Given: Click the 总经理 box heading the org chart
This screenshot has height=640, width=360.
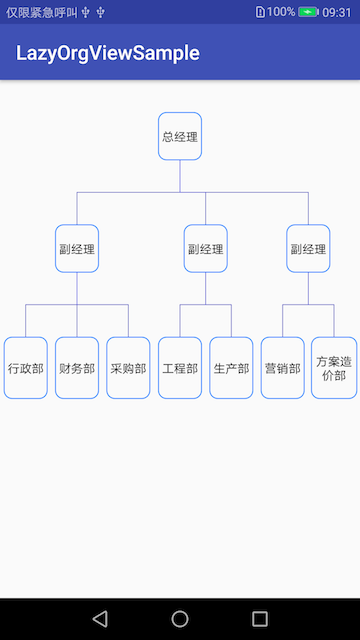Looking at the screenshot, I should pyautogui.click(x=180, y=136).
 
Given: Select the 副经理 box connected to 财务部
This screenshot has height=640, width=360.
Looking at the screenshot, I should pyautogui.click(x=77, y=249).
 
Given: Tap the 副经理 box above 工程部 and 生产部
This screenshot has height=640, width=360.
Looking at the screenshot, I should pyautogui.click(x=206, y=249).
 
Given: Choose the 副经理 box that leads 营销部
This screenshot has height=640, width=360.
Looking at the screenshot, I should pyautogui.click(x=308, y=249).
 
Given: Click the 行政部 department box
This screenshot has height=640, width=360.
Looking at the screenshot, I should pyautogui.click(x=26, y=368).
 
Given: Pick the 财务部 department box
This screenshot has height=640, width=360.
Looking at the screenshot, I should pyautogui.click(x=77, y=368).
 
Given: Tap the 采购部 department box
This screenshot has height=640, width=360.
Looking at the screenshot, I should pyautogui.click(x=128, y=368).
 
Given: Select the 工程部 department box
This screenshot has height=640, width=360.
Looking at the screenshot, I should pyautogui.click(x=180, y=368).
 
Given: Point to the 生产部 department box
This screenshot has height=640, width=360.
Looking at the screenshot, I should pyautogui.click(x=231, y=368).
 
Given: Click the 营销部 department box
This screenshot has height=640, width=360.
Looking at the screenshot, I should pyautogui.click(x=283, y=368).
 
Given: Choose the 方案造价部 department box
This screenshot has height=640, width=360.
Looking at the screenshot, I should pyautogui.click(x=334, y=368).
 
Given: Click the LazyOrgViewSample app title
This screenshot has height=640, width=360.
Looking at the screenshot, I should pyautogui.click(x=108, y=53).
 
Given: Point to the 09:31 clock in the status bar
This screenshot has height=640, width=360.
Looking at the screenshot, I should pyautogui.click(x=337, y=12).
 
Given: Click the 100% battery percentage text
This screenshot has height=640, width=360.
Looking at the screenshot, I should pyautogui.click(x=281, y=12).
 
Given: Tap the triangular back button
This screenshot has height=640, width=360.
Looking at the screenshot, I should pyautogui.click(x=99, y=618).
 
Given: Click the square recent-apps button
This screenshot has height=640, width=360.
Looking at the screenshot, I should pyautogui.click(x=260, y=618).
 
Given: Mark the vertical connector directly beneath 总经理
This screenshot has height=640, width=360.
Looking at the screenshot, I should pyautogui.click(x=180, y=175).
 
